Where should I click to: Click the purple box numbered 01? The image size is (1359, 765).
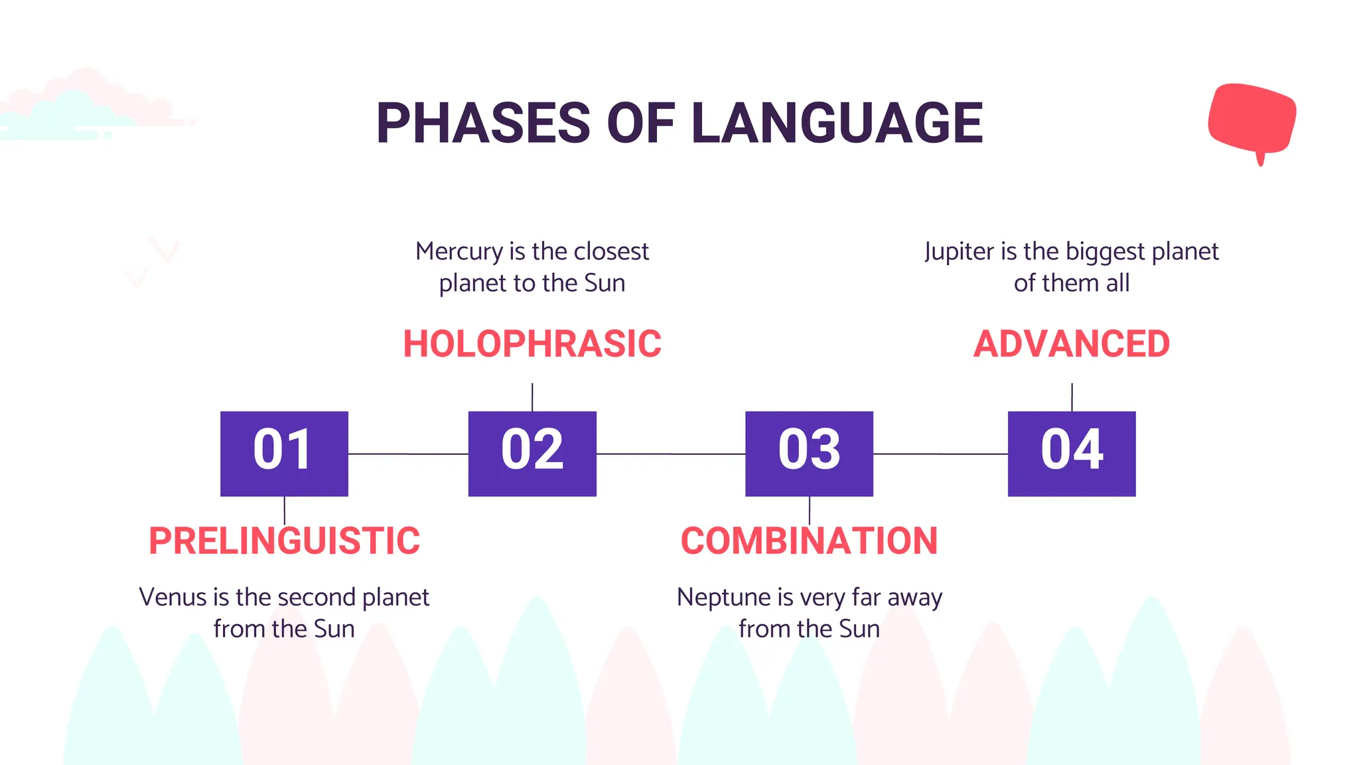(x=284, y=454)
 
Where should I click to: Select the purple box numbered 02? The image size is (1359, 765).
(x=532, y=454)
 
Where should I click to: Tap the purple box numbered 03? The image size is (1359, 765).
(x=809, y=454)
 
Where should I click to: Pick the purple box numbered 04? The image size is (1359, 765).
(x=1072, y=454)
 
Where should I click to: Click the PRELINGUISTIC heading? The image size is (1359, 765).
(x=284, y=541)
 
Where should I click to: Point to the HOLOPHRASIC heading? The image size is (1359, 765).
(x=532, y=344)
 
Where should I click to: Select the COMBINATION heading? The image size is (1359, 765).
(x=809, y=541)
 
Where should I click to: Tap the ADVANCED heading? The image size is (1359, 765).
(x=1072, y=344)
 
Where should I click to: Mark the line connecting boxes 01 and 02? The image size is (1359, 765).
(x=408, y=454)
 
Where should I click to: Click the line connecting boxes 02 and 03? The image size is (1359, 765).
(x=670, y=454)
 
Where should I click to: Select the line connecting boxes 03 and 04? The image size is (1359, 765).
(x=940, y=454)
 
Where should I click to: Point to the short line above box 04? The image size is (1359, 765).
(x=1072, y=397)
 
